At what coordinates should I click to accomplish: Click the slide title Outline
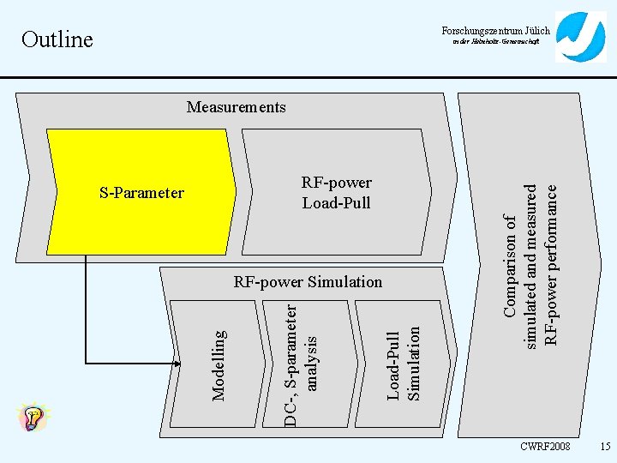57,39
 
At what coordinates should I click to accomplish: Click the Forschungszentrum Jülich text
496,31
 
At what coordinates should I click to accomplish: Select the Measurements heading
237,107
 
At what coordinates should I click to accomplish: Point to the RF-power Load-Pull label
336,193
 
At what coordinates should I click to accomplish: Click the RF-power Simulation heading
308,282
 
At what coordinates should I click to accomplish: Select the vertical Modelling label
219,365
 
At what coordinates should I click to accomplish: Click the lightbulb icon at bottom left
33,418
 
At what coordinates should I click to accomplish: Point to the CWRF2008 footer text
545,447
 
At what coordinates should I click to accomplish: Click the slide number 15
605,447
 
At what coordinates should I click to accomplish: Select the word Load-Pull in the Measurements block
336,203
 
